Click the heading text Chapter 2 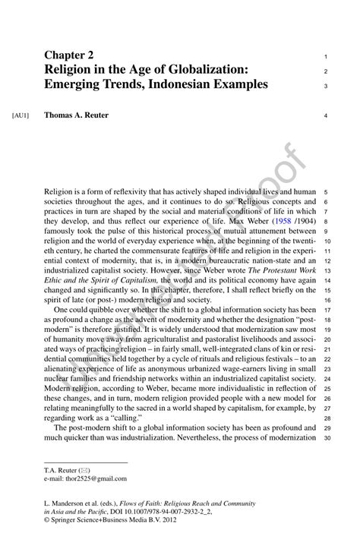click(69, 55)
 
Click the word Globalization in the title click(203, 70)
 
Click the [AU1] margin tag click(21, 116)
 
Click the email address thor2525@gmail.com click(86, 479)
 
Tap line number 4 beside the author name click(325, 116)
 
